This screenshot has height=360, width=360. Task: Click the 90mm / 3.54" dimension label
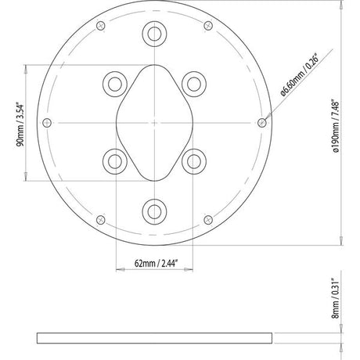pos(20,125)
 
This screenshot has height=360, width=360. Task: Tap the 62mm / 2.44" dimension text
pos(156,263)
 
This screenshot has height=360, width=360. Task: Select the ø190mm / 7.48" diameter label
pos(336,125)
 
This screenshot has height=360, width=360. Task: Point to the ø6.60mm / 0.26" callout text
pos(300,75)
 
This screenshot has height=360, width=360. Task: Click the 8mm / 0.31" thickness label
pos(336,298)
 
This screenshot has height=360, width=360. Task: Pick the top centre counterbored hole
pos(154,34)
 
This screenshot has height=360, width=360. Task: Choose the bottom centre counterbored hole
pos(154,211)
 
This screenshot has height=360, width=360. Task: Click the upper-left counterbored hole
pos(115,84)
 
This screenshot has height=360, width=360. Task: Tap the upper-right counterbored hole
pos(194,84)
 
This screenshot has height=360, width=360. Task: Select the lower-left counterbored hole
pos(115,161)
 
